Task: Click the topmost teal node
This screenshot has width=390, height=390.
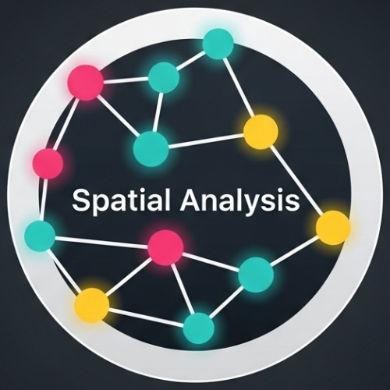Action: pos(218,44)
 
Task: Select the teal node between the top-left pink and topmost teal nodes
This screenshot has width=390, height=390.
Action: pos(164,77)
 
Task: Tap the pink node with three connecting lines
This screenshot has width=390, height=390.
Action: pos(86,83)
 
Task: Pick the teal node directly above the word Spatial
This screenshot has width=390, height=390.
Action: pos(151,149)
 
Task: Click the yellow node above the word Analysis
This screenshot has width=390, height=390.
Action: pos(261,132)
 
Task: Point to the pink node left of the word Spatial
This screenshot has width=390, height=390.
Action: pos(48,164)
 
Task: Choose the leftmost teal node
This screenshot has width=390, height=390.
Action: pos(40,235)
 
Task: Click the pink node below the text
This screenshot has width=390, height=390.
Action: pos(165,247)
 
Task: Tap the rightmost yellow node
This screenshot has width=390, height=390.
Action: pos(333,228)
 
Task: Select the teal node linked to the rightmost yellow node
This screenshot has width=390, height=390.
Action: pos(256,275)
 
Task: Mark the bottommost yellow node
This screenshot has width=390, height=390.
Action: pos(91,305)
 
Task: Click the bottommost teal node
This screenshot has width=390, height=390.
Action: pos(199,328)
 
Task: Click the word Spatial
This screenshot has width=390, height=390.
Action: pos(121,200)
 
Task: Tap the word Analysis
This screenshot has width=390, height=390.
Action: pos(239,200)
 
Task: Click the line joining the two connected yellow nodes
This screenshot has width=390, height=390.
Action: pos(297,180)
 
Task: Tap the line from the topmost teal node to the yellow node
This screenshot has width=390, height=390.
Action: pos(239,87)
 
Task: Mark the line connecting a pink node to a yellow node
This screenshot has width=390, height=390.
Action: pos(129,276)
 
